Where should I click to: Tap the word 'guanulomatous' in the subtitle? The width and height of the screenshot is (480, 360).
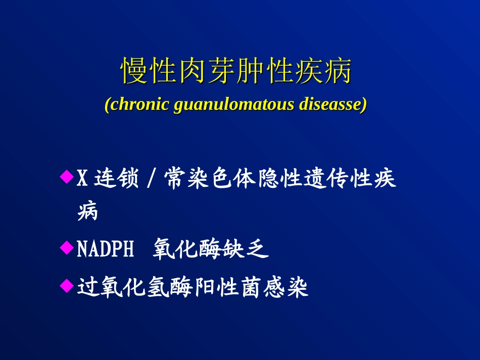point(234,105)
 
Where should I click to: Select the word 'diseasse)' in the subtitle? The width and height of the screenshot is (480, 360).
point(333,104)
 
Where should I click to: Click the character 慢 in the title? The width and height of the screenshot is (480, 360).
point(134,71)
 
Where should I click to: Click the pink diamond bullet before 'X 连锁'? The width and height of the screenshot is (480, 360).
point(67,177)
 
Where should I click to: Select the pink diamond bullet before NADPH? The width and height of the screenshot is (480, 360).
point(67,247)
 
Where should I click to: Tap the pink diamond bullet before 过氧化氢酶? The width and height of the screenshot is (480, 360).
point(67,286)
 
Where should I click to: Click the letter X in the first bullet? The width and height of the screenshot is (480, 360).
point(82,178)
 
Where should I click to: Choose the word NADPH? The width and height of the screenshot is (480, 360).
point(105,248)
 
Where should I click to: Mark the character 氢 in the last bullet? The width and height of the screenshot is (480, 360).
point(159,287)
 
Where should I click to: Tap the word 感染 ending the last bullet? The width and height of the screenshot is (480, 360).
point(286,287)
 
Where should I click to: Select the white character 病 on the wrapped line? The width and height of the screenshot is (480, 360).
point(88,211)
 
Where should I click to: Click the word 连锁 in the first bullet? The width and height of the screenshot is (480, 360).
point(116,178)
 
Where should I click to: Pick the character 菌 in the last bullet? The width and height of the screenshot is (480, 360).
point(252,287)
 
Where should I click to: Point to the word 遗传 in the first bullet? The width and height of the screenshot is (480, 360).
point(326,178)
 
